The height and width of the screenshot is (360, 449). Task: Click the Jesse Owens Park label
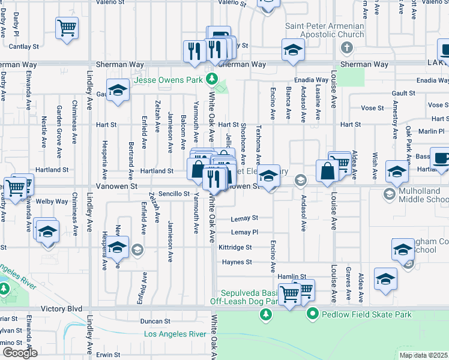click(x=168, y=80)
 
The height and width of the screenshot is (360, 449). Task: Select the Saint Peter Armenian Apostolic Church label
click(x=325, y=30)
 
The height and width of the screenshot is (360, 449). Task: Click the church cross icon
click(x=346, y=48)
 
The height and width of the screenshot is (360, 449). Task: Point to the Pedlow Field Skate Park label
click(x=367, y=314)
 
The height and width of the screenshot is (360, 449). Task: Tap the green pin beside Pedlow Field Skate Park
click(x=312, y=314)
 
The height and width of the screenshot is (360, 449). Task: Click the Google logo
click(x=20, y=353)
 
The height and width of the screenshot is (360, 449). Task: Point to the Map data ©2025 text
click(x=423, y=355)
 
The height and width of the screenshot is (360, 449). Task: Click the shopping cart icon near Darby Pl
click(x=67, y=27)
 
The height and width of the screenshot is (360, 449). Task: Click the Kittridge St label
click(x=235, y=247)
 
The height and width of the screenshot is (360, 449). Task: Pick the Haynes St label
click(x=237, y=262)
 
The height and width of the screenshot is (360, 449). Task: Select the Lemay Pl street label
click(x=244, y=232)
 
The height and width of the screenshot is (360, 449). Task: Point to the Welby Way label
click(x=52, y=202)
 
